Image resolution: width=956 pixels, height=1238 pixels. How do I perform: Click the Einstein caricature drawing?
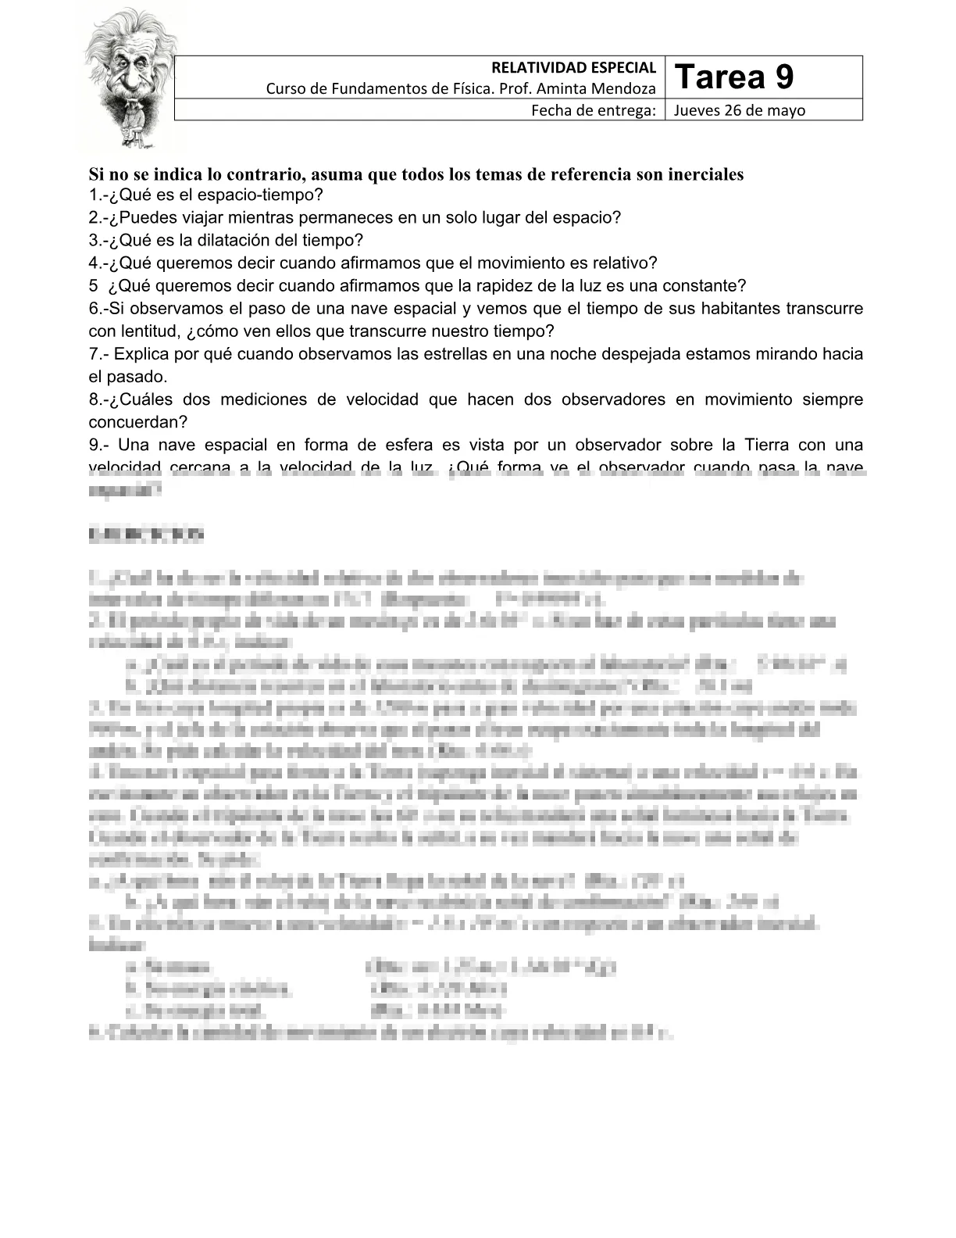pyautogui.click(x=129, y=78)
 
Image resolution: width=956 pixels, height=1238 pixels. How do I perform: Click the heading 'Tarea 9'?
pyautogui.click(x=733, y=77)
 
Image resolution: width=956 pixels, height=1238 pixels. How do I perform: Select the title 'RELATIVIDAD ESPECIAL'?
pyautogui.click(x=573, y=68)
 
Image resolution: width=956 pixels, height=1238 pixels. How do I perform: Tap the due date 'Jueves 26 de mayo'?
pyautogui.click(x=739, y=110)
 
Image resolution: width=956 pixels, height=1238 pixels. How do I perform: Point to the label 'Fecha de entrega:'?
pyautogui.click(x=593, y=110)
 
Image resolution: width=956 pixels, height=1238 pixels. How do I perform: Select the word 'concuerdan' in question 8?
pyautogui.click(x=134, y=422)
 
